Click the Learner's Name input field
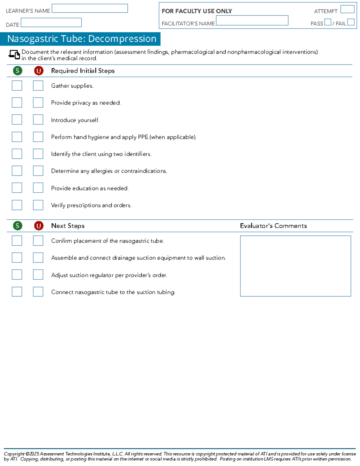pyautogui.click(x=90, y=8)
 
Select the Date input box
pyautogui.click(x=51, y=23)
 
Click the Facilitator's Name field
pyautogui.click(x=252, y=20)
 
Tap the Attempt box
pyautogui.click(x=347, y=9)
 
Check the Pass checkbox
pyautogui.click(x=328, y=22)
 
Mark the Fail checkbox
pyautogui.click(x=351, y=22)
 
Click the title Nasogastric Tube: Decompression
pyautogui.click(x=82, y=39)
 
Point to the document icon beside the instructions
pyautogui.click(x=14, y=54)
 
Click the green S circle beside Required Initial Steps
pyautogui.click(x=17, y=71)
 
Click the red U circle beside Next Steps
pyautogui.click(x=38, y=226)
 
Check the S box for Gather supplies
pyautogui.click(x=17, y=86)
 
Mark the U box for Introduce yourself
pyautogui.click(x=38, y=119)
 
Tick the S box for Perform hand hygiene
pyautogui.click(x=17, y=137)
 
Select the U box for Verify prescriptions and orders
pyautogui.click(x=38, y=205)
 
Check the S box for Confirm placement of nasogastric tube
pyautogui.click(x=17, y=241)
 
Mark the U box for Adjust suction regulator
pyautogui.click(x=38, y=275)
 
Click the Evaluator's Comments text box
pyautogui.click(x=295, y=266)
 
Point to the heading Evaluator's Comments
pyautogui.click(x=273, y=226)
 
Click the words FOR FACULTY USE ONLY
pyautogui.click(x=197, y=11)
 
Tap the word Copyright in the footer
pyautogui.click(x=14, y=454)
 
